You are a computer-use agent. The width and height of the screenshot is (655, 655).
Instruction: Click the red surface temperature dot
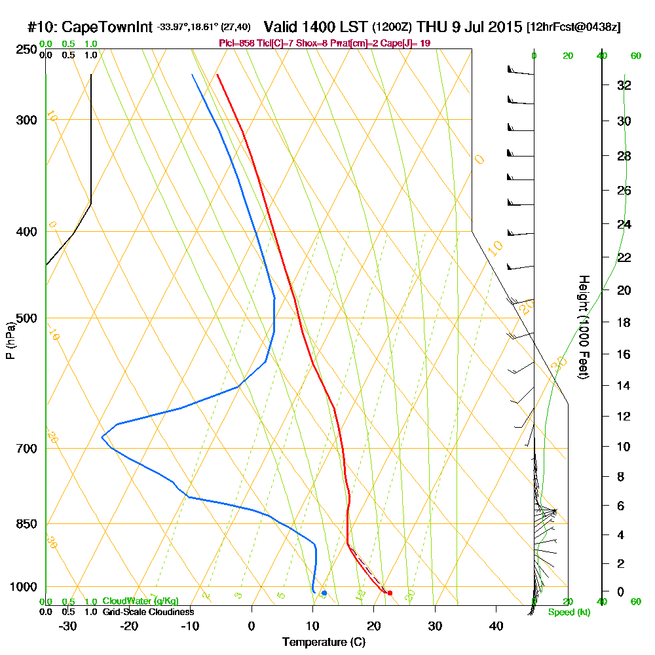click(390, 593)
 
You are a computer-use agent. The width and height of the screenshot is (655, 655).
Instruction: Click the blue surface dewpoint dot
click(324, 593)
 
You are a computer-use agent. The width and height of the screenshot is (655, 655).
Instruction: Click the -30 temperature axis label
click(68, 626)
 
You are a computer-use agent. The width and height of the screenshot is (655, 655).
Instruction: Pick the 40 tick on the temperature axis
click(496, 626)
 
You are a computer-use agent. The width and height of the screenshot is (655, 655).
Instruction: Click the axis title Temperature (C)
click(324, 643)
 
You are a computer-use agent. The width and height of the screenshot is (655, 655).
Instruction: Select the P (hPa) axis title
click(10, 340)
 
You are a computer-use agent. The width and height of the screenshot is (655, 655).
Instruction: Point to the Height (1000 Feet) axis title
click(582, 327)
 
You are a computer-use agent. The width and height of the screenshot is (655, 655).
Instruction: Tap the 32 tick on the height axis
click(624, 85)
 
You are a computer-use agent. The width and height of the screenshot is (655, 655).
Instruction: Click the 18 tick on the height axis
click(624, 322)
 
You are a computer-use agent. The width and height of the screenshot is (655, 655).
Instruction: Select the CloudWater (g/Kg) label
click(140, 601)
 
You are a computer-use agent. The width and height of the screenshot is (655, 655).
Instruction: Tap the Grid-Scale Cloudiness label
click(147, 612)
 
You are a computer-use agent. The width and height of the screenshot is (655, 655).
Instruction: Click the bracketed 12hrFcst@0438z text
click(573, 28)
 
